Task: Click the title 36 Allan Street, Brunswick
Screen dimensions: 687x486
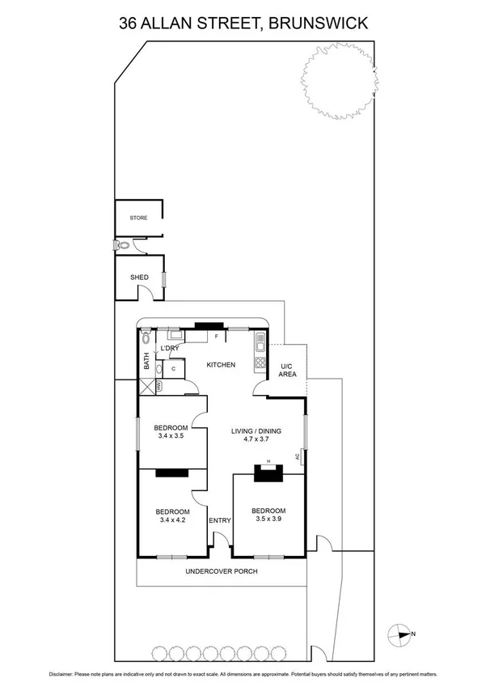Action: pos(243,23)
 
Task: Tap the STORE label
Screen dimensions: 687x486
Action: pos(139,218)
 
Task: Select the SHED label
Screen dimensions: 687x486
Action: pos(139,278)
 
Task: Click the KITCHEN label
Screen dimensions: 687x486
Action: pos(221,365)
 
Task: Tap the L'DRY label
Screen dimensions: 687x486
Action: pos(169,348)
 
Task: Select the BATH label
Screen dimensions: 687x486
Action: pos(146,361)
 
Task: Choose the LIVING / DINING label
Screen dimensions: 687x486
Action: pos(256,431)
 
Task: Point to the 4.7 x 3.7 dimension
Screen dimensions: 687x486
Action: pos(256,440)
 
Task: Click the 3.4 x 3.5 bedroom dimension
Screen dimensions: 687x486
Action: pos(171,436)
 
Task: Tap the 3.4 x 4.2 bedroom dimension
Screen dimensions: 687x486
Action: pos(172,520)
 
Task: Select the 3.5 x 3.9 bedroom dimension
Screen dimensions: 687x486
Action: pos(268,519)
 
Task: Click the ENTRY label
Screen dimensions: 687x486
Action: pos(220,520)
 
